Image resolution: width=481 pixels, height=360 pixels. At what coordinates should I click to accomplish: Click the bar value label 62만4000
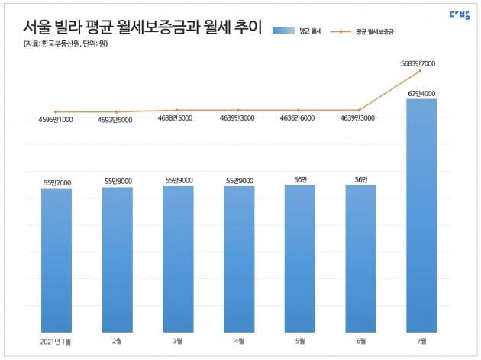(x=422, y=93)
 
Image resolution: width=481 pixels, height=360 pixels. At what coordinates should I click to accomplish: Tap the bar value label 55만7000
(x=56, y=182)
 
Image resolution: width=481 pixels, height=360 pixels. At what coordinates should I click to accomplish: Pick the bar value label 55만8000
(x=118, y=181)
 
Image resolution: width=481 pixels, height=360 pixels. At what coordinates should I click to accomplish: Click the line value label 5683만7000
(x=422, y=63)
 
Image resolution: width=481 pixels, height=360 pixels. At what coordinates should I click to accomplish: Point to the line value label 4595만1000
(x=56, y=120)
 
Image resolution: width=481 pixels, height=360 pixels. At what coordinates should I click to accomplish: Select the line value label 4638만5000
(x=178, y=118)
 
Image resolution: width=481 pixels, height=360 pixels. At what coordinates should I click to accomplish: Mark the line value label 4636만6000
(x=299, y=118)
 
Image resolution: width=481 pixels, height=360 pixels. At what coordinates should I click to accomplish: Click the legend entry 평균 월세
(x=302, y=31)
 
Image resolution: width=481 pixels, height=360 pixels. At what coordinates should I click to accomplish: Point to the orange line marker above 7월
(x=421, y=71)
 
